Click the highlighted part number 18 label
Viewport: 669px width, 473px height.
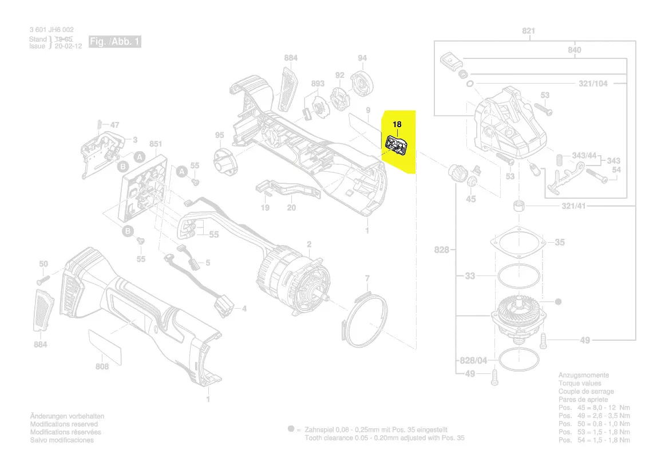(x=397, y=124)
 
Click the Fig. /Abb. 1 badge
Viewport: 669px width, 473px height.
(x=114, y=42)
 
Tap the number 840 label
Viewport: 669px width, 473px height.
(x=574, y=50)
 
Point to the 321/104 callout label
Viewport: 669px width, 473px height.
(x=592, y=84)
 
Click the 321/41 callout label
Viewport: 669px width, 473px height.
(x=589, y=206)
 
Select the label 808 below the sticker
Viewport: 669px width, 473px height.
(x=102, y=366)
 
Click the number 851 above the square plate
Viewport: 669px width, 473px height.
(x=156, y=144)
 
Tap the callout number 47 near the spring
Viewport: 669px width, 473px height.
(x=115, y=125)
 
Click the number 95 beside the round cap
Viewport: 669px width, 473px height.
(x=219, y=135)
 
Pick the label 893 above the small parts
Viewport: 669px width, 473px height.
(x=318, y=84)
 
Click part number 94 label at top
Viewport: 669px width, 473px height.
(x=362, y=58)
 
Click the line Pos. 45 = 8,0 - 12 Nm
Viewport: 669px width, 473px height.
(x=593, y=408)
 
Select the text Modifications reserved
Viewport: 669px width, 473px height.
(x=64, y=424)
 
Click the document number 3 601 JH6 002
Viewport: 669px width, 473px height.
(x=51, y=30)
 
